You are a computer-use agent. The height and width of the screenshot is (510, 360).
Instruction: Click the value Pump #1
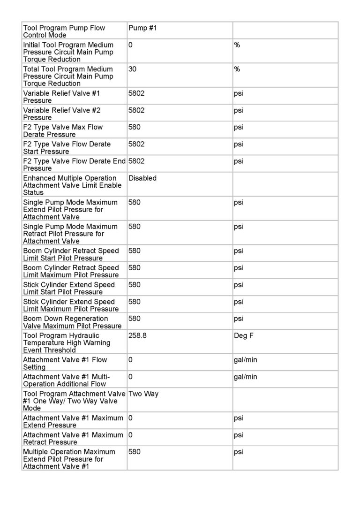(x=142, y=28)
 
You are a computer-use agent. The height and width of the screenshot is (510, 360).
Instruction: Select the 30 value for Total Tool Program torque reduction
(x=132, y=69)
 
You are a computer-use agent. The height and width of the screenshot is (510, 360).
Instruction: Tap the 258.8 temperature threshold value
(x=137, y=335)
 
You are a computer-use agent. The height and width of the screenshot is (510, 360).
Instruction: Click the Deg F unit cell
(x=244, y=335)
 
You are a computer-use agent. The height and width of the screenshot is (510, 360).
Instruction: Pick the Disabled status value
(x=142, y=178)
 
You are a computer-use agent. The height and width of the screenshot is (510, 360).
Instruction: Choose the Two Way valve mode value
(x=143, y=394)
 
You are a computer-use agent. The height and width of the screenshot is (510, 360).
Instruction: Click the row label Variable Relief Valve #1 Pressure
(x=61, y=97)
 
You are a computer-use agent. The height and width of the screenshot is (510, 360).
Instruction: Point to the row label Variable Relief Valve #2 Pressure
(x=61, y=114)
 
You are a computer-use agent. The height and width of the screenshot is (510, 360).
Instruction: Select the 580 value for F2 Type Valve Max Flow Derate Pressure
(x=135, y=127)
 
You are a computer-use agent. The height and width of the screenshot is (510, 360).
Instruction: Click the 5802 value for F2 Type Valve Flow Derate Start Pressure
(x=136, y=144)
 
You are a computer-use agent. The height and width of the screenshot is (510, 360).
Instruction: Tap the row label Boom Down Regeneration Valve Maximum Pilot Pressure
(x=72, y=322)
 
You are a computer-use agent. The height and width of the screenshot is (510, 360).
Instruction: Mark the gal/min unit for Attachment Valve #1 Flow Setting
(x=245, y=360)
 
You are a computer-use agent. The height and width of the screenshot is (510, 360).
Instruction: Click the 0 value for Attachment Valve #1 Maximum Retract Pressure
(x=130, y=435)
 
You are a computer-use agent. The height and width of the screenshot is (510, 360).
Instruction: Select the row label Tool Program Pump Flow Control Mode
(x=64, y=31)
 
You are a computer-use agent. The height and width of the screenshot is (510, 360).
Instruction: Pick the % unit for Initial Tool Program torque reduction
(x=237, y=45)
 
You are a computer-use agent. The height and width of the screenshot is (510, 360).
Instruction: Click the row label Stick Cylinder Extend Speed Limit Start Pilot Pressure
(x=69, y=288)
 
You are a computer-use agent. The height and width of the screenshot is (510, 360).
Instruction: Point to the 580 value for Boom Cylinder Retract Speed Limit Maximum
(x=135, y=267)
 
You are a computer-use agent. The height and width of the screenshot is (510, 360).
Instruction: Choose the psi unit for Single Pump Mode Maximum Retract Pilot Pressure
(x=239, y=227)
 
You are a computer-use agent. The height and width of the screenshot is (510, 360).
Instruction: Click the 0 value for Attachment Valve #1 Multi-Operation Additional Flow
(x=130, y=377)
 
